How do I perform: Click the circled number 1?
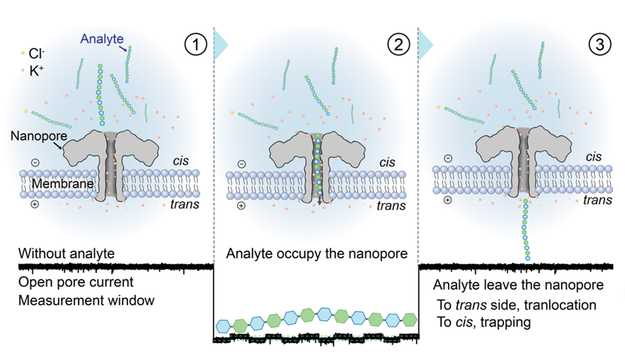click(x=195, y=46)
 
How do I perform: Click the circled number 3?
click(x=600, y=46)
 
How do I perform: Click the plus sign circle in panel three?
click(x=448, y=200)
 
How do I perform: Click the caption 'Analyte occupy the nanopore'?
click(x=316, y=253)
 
